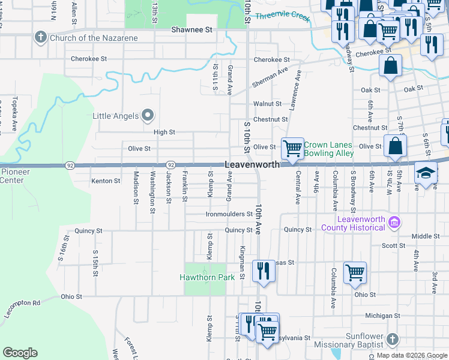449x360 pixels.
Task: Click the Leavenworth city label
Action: point(252,164)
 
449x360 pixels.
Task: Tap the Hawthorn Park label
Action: point(207,278)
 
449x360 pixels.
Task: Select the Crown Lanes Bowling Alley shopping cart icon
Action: point(292,148)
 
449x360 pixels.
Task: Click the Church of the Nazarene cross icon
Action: point(40,38)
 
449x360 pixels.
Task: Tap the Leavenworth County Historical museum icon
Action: point(394,223)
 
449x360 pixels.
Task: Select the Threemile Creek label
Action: point(282,17)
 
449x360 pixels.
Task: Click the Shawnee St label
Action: point(192,29)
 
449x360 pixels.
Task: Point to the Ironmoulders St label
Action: point(229,214)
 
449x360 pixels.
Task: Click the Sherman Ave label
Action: point(274,76)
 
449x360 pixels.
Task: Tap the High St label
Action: point(164,132)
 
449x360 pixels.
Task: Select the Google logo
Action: point(20,353)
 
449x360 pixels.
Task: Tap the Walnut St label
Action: point(267,104)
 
